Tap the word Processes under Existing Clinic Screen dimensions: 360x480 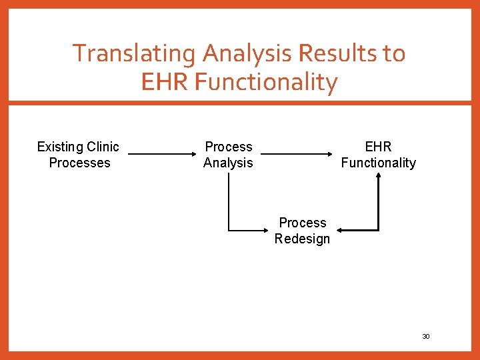point(79,163)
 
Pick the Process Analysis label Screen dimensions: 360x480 point(228,155)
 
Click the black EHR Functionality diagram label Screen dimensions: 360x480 point(378,155)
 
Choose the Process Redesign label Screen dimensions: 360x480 point(302,231)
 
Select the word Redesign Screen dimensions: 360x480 point(302,239)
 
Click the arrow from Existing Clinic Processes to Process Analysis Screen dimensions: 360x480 point(159,154)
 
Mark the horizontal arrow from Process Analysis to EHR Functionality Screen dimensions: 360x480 point(301,154)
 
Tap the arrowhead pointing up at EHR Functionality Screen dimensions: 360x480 point(378,177)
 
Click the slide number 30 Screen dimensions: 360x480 point(426,337)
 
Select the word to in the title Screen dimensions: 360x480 point(391,53)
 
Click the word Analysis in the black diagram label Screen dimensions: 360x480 point(228,163)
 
